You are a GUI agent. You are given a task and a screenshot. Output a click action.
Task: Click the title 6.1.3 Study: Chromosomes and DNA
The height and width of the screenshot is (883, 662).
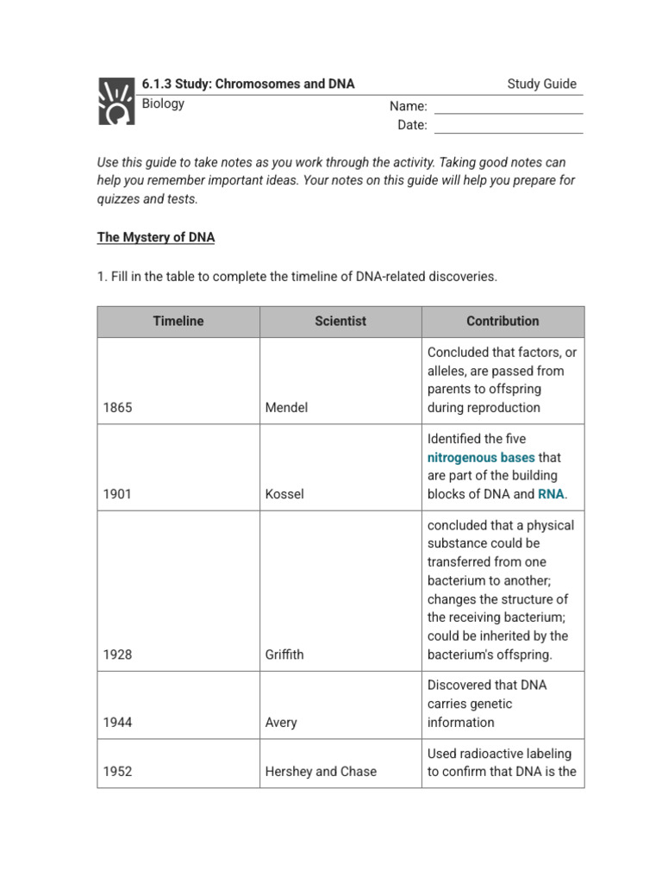tap(248, 84)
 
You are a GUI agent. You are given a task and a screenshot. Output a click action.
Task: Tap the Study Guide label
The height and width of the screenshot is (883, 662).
tap(541, 84)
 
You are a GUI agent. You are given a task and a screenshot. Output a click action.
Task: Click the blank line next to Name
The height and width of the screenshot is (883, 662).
tap(508, 107)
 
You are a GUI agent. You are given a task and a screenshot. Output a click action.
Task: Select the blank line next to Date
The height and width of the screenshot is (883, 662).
tap(508, 126)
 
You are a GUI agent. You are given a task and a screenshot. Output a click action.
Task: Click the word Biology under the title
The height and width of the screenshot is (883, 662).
tap(163, 103)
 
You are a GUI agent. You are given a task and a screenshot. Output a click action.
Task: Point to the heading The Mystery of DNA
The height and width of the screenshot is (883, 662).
tap(156, 237)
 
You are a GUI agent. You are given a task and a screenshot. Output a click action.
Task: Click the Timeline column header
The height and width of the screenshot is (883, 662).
tap(178, 321)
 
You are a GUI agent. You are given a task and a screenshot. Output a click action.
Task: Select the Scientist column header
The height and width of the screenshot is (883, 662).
tap(340, 321)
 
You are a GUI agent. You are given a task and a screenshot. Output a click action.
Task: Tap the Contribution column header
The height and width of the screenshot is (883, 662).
tap(503, 321)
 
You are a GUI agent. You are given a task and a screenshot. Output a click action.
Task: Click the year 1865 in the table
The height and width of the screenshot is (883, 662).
tap(117, 407)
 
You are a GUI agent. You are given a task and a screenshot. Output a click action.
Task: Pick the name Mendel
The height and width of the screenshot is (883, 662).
tap(286, 407)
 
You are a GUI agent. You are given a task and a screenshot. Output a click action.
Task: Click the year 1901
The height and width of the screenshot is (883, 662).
tap(117, 494)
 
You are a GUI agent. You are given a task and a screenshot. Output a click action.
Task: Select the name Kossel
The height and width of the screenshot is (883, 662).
tap(284, 494)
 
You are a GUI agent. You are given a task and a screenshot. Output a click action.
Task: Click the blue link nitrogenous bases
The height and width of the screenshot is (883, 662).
tap(481, 457)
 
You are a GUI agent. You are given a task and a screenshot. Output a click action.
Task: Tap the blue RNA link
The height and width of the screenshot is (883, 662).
tap(551, 494)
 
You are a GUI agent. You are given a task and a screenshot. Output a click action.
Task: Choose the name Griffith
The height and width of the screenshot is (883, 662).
tap(284, 654)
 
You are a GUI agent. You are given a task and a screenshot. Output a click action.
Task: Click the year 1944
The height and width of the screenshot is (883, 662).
tap(117, 723)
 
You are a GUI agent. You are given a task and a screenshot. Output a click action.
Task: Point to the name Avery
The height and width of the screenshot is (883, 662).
tap(282, 723)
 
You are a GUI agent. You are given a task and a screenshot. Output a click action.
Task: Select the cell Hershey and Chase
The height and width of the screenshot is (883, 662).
tap(321, 772)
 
